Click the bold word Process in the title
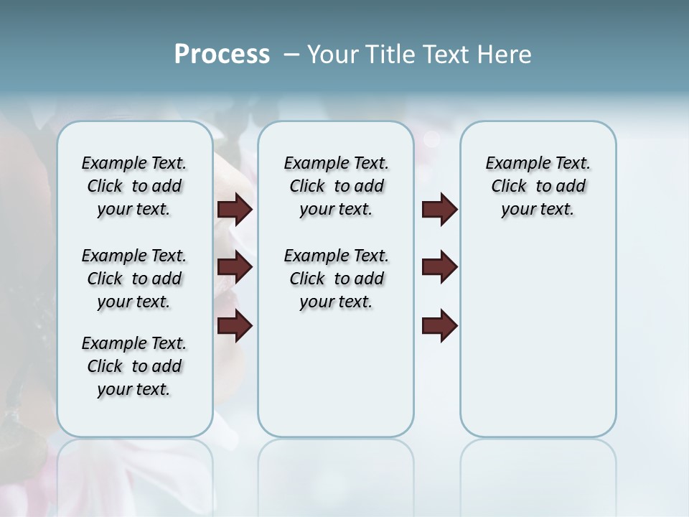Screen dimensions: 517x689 click(x=222, y=55)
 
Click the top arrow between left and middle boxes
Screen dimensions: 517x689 click(x=235, y=209)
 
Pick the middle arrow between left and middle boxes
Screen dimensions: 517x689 click(x=235, y=267)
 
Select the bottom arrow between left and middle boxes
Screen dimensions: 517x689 click(x=235, y=325)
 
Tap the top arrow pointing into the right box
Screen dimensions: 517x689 click(x=439, y=209)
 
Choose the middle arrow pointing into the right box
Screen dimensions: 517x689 click(x=439, y=267)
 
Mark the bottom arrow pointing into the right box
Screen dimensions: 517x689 click(x=439, y=325)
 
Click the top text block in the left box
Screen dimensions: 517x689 click(x=134, y=186)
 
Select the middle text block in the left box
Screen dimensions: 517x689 click(x=134, y=279)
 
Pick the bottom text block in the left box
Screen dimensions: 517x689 click(x=134, y=366)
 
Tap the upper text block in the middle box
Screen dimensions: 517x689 click(x=336, y=186)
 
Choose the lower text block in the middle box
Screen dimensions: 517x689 click(x=336, y=279)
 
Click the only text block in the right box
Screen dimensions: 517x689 click(x=538, y=186)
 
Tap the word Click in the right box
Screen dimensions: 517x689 click(x=509, y=187)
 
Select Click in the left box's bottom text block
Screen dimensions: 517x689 click(x=105, y=366)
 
